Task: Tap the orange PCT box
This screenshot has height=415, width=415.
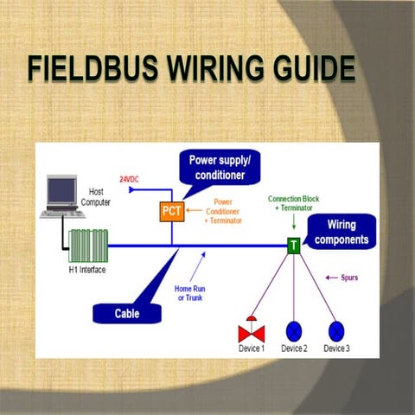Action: [x=170, y=210]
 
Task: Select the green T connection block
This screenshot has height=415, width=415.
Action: [x=294, y=246]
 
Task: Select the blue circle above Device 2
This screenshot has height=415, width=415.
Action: [x=294, y=330]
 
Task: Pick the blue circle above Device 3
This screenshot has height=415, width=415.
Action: [x=336, y=330]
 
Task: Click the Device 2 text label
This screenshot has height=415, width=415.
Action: [x=294, y=348]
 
